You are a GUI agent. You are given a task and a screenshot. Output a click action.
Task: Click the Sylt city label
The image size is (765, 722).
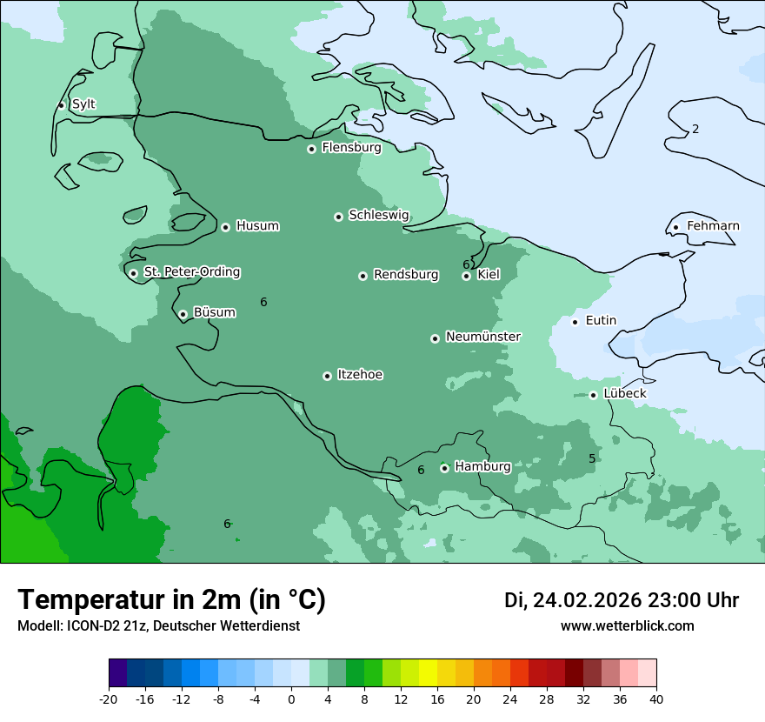coord(83,104)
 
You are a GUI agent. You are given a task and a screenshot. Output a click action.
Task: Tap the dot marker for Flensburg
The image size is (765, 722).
coord(311,149)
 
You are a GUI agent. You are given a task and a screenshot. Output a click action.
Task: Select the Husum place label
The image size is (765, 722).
coord(257,226)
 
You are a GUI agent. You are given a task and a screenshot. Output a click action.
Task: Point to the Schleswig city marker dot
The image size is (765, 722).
coord(338,217)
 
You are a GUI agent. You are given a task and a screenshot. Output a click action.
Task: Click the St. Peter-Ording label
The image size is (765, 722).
coord(191,272)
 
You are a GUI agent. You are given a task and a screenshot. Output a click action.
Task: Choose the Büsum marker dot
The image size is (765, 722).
coord(183,314)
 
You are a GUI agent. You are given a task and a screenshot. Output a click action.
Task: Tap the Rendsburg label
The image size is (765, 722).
coord(406,275)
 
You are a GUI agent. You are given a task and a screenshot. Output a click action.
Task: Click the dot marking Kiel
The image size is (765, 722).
coord(466,276)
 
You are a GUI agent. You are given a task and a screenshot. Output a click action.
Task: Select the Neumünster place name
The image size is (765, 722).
coord(482,337)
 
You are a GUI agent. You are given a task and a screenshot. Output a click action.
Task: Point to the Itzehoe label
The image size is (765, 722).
coord(360,375)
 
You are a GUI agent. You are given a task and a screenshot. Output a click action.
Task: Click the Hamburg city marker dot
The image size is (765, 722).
coord(444,468)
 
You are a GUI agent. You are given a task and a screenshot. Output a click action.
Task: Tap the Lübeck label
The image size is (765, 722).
coord(624,393)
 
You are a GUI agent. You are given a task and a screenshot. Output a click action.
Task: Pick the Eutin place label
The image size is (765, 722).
coord(601,321)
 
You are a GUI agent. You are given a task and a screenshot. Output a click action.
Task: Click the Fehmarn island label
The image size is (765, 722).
coord(713,226)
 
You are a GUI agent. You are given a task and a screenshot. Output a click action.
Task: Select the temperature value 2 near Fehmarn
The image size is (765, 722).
coord(695,130)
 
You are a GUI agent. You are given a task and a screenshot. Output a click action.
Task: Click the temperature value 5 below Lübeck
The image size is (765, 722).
coord(592,458)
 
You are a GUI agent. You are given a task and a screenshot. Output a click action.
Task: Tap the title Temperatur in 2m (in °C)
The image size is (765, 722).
coord(171,599)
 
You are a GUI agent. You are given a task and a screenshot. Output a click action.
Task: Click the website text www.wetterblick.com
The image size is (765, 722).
coord(627,625)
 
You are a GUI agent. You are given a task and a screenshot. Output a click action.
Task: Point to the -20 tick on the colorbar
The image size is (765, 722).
coord(109,699)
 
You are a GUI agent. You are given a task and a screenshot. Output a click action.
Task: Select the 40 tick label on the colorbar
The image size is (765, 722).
coord(656,699)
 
